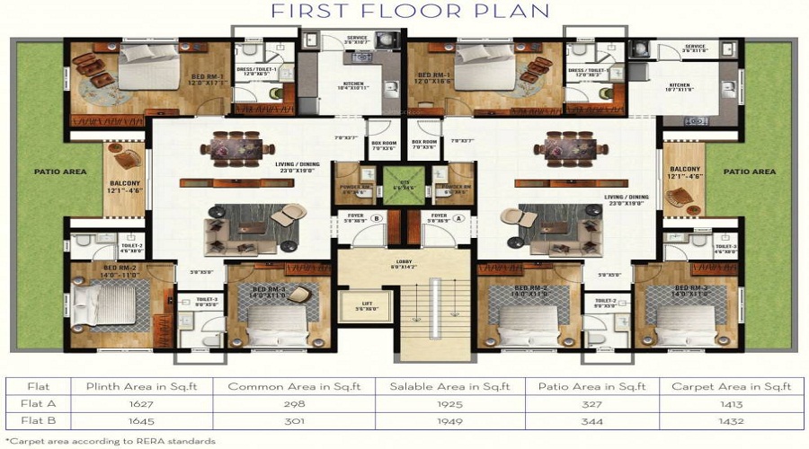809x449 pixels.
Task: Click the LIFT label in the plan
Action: [366, 304]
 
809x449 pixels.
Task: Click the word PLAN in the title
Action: [516, 12]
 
